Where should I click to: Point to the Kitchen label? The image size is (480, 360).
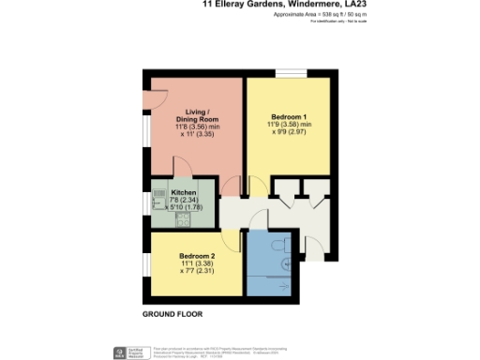(183, 192)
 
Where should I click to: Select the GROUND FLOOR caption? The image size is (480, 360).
(172, 314)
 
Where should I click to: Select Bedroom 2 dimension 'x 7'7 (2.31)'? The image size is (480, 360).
(199, 273)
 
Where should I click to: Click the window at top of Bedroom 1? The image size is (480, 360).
(290, 74)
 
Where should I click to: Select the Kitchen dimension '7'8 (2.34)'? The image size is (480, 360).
(183, 200)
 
